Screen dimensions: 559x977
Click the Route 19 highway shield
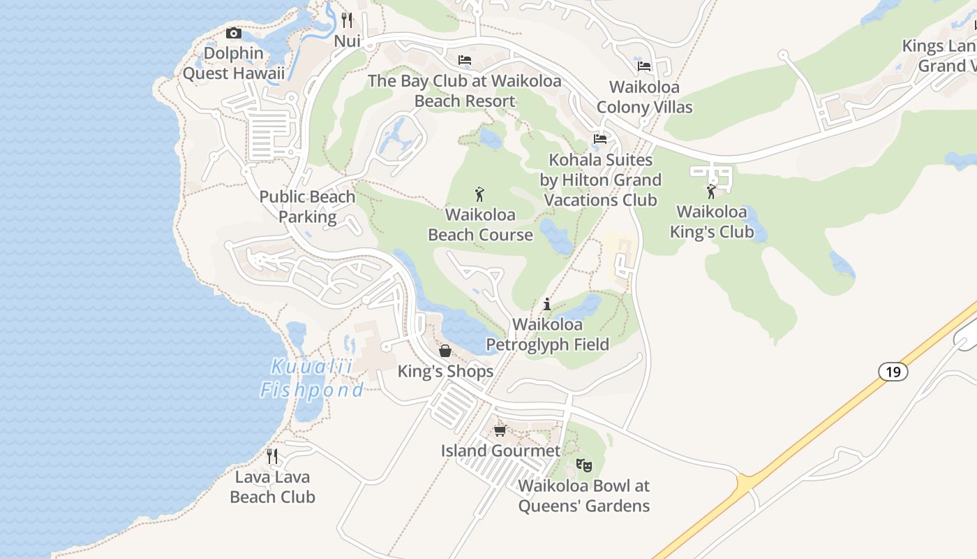(893, 372)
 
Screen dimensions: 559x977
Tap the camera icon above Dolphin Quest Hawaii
(234, 33)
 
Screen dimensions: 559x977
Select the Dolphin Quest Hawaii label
(234, 63)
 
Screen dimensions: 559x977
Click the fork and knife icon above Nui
(347, 20)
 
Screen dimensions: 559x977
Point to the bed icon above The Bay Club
(465, 60)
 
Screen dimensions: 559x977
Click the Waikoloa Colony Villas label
(644, 97)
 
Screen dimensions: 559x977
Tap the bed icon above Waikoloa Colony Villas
(644, 66)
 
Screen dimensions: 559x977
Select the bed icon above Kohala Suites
(600, 138)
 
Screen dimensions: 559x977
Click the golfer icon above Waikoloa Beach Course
(479, 194)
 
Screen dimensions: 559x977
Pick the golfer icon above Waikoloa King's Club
(711, 191)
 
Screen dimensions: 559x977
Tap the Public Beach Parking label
(307, 207)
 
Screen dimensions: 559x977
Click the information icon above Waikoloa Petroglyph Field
(547, 304)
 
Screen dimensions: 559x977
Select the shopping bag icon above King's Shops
(445, 350)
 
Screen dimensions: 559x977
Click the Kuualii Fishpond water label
(312, 378)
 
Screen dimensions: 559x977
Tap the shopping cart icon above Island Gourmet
(500, 430)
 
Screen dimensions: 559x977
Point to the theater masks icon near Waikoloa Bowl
(584, 465)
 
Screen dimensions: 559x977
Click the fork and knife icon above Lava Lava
(272, 456)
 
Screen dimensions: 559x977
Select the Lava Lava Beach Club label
(272, 487)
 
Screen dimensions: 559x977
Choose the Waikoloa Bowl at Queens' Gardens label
(584, 495)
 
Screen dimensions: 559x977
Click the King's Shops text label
(445, 372)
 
